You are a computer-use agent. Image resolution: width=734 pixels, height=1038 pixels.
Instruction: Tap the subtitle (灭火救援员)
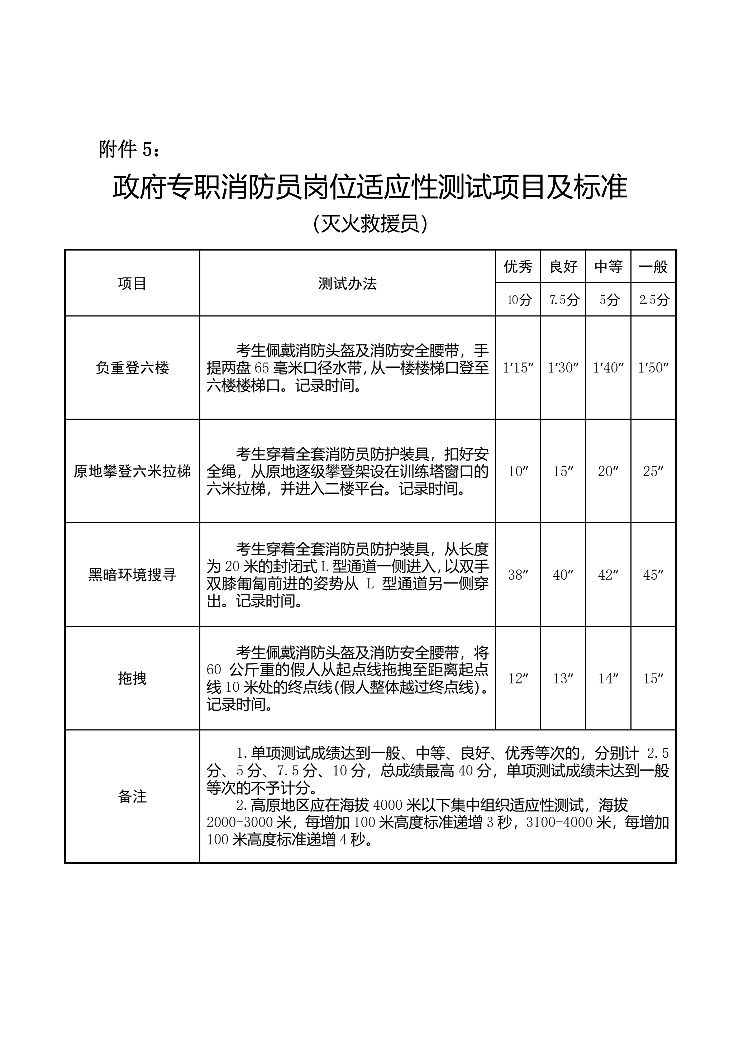click(370, 224)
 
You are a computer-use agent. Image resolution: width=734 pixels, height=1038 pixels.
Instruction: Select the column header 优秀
click(518, 267)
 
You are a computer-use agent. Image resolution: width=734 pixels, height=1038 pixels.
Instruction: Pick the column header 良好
click(563, 267)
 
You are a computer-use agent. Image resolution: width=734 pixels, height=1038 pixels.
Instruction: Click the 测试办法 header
click(347, 284)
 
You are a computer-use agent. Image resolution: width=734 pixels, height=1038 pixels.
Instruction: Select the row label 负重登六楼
click(132, 367)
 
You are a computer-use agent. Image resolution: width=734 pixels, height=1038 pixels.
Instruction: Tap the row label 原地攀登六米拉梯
click(132, 471)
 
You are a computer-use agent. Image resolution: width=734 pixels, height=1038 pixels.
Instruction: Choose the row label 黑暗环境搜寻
click(132, 575)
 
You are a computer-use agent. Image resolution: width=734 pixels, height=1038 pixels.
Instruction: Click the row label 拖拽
click(132, 678)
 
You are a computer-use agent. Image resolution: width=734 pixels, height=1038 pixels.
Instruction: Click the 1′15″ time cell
click(518, 367)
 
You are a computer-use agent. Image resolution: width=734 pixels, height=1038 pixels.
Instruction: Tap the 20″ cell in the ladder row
click(608, 471)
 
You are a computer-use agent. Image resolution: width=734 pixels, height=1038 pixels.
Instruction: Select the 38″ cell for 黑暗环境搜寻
click(518, 575)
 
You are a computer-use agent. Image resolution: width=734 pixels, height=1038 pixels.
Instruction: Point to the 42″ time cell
click(608, 575)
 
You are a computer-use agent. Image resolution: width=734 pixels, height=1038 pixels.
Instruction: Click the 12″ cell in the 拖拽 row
click(518, 678)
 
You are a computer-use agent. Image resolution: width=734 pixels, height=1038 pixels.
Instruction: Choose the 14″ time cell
click(608, 678)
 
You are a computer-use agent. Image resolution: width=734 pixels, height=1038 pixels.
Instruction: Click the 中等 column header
click(608, 267)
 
